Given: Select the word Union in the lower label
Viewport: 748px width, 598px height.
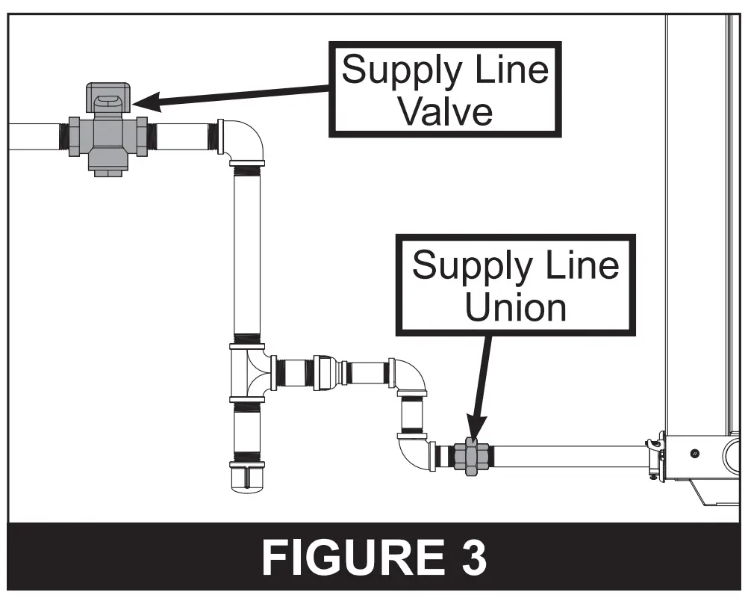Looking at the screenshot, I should [515, 306].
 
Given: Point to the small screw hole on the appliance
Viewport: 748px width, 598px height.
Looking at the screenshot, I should [695, 454].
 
